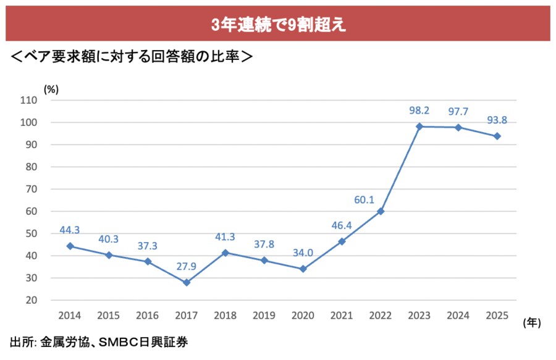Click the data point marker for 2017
point(187,282)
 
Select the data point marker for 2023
point(419,126)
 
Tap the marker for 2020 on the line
point(303,269)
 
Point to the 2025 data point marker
point(497,136)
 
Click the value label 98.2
point(419,111)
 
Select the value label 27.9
point(187,266)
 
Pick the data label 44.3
point(70,230)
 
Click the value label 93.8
point(497,120)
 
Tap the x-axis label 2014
point(70,316)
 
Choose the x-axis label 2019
point(264,316)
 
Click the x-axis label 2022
point(381,316)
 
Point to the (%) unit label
point(51,88)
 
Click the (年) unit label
point(531,322)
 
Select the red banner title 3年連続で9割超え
point(277,24)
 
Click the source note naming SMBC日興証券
point(99,341)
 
